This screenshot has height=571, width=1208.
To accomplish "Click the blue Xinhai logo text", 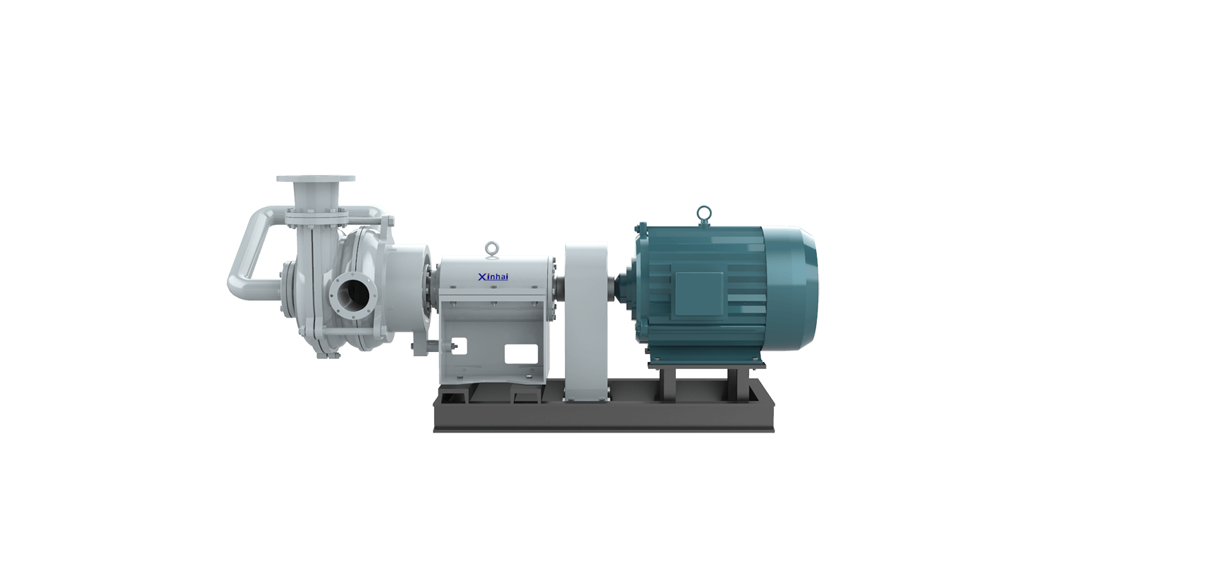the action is (493, 277).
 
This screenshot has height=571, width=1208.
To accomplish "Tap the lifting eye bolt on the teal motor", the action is (703, 216).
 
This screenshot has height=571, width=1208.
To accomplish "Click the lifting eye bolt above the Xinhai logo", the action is (493, 250).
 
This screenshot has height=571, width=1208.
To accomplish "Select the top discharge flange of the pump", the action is (315, 179).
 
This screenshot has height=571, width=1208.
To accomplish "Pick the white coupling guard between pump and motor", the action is (586, 322).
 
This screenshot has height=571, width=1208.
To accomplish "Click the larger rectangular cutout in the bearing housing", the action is (521, 354).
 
